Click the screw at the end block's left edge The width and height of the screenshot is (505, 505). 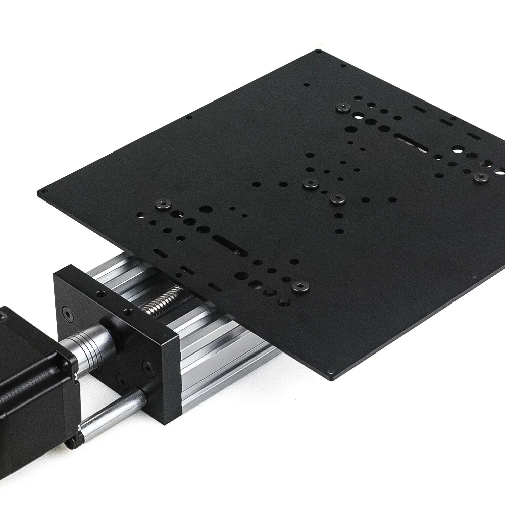coord(66,312)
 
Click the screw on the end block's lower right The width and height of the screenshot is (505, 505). coord(146,365)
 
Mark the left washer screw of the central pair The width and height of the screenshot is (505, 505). coord(309,185)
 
